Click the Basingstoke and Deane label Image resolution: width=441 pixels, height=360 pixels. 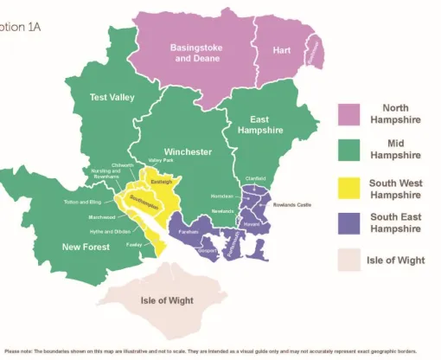click(195, 53)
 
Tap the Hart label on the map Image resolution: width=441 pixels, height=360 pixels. click(280, 50)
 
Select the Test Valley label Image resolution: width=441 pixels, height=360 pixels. click(112, 98)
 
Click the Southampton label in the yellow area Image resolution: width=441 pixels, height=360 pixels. click(144, 201)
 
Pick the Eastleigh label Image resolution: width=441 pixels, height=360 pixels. click(162, 182)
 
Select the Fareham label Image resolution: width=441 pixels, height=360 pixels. click(201, 232)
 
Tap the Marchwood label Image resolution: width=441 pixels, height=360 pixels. click(102, 217)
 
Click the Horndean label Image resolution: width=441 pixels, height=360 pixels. click(222, 196)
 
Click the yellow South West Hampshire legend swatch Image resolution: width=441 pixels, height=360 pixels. click(348, 189)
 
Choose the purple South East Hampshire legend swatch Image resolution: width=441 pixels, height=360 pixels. click(348, 223)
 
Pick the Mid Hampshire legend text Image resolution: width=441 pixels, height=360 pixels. click(395, 149)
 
